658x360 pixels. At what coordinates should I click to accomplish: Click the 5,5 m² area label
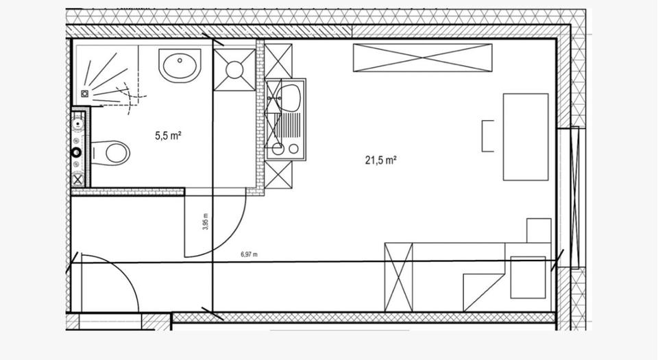tap(168, 136)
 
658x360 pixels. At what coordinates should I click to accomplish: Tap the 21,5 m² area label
tap(381, 161)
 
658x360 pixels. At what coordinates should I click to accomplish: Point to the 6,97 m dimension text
tap(249, 254)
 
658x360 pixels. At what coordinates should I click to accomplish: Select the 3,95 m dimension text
tap(206, 225)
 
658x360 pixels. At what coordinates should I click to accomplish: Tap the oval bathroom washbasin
tap(180, 67)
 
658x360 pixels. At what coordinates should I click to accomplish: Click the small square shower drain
tap(85, 93)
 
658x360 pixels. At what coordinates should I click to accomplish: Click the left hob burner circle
tap(278, 148)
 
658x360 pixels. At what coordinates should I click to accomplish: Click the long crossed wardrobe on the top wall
tap(422, 57)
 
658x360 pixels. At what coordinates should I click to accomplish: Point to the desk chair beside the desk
tap(487, 136)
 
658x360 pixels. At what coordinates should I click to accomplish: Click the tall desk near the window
tap(526, 136)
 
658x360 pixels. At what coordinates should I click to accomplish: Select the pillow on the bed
tap(528, 277)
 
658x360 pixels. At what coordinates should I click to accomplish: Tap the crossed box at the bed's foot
tap(399, 277)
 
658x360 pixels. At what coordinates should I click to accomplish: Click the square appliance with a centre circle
tap(234, 69)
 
